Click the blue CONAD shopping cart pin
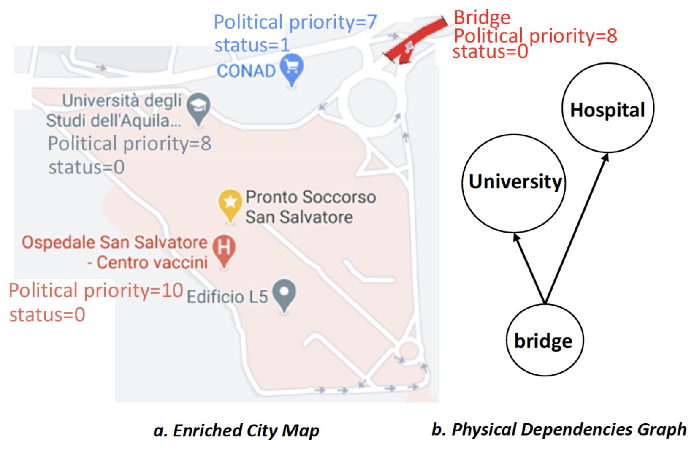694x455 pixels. (292, 68)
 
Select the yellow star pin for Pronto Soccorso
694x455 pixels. (230, 203)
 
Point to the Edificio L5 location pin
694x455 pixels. (284, 293)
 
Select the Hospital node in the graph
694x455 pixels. (607, 108)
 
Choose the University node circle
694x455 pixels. (514, 183)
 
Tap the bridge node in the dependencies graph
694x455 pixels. (545, 340)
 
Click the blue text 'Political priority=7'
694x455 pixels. (295, 22)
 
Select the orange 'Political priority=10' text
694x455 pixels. (96, 290)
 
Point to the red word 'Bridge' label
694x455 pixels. (482, 18)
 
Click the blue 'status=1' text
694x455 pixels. (252, 45)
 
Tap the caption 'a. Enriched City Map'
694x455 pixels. (236, 431)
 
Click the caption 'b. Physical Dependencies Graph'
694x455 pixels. (558, 429)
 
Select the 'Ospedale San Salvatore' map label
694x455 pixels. (114, 243)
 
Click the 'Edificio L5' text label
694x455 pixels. (227, 297)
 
